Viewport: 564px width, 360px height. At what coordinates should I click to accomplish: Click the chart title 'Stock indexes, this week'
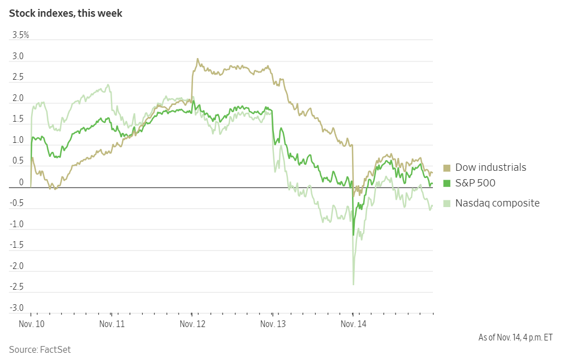(x=65, y=13)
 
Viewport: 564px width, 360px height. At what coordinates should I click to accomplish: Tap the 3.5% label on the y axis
(x=21, y=35)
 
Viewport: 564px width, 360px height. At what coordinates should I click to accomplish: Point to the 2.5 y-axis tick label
(x=18, y=78)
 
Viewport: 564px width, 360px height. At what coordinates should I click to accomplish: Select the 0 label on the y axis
(x=21, y=183)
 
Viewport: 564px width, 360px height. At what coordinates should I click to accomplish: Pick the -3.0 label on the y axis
(x=16, y=308)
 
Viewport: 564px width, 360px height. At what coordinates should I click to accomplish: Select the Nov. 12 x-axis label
(x=192, y=324)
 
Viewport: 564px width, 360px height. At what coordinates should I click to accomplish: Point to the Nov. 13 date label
(x=273, y=324)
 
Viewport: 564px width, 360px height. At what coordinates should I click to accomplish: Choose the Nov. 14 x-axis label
(x=354, y=324)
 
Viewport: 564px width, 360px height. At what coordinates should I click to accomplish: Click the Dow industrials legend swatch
(x=446, y=168)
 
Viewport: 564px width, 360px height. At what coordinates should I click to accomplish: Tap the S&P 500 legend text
(x=475, y=183)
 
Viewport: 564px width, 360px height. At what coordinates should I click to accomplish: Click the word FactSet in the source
(x=55, y=350)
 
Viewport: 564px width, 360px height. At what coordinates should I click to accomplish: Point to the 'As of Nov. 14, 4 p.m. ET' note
(x=515, y=337)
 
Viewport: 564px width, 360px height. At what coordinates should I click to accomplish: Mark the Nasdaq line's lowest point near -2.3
(x=354, y=285)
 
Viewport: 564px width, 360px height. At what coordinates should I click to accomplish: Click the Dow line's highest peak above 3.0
(x=197, y=59)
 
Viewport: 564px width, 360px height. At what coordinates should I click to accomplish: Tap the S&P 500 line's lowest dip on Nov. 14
(x=353, y=235)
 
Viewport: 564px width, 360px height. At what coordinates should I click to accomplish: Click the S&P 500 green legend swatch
(x=446, y=183)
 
